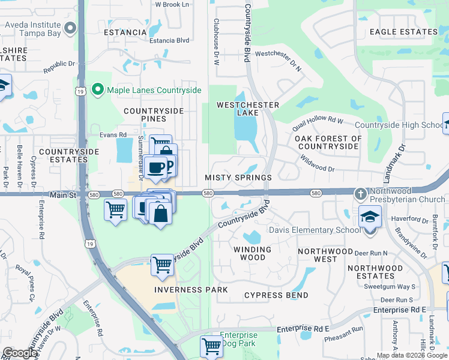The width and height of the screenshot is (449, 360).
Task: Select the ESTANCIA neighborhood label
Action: tap(125, 32)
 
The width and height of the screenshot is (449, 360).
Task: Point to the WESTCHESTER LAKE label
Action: tap(248, 109)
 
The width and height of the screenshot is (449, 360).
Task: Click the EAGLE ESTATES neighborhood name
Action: tap(403, 32)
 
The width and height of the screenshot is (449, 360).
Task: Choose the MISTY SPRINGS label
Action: tap(238, 178)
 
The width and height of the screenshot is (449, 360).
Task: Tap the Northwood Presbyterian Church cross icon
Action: tap(360, 194)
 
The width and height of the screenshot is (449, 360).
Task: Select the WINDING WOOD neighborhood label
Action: tap(253, 253)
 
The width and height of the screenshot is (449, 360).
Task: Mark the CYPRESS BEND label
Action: tap(276, 295)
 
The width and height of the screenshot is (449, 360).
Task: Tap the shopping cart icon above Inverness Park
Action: tap(162, 263)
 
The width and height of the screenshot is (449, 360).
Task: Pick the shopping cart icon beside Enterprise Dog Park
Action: tap(211, 346)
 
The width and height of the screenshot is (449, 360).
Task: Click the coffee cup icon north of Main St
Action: tap(156, 167)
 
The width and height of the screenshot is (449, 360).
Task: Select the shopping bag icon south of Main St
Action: tap(160, 212)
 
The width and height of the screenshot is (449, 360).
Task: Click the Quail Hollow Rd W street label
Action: tap(318, 124)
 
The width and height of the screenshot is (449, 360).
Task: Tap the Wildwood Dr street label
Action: tap(318, 166)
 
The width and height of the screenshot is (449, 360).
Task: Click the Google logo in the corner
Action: tap(20, 353)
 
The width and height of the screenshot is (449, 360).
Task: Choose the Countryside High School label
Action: tap(399, 125)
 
